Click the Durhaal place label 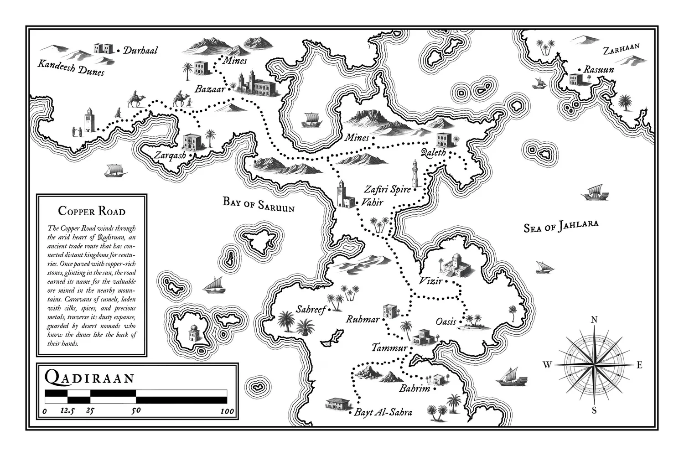pos(140,50)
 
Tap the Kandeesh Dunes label pos(71,67)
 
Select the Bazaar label pos(210,89)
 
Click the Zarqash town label pos(170,155)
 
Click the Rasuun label pos(599,70)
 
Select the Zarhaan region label pos(621,49)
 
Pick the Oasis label pos(446,321)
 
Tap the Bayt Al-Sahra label pos(383,413)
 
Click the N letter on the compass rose pos(594,320)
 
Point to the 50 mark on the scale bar pos(136,410)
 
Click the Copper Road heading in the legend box pos(92,211)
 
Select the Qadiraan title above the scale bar pos(90,378)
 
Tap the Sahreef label pos(311,310)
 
